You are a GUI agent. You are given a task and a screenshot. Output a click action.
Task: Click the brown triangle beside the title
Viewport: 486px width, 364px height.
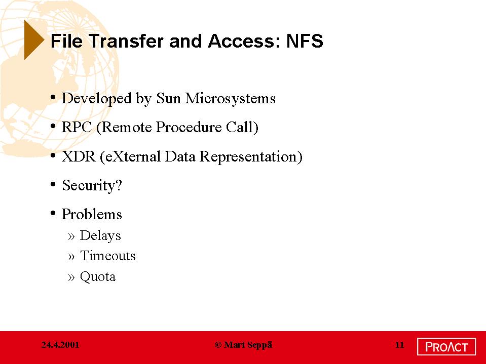32,39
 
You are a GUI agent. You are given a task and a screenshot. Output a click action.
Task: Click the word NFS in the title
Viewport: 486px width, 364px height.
305,41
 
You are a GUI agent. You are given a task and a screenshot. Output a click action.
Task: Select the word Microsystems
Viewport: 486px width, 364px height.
230,98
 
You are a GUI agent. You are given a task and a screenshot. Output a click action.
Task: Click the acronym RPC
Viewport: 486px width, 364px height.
77,127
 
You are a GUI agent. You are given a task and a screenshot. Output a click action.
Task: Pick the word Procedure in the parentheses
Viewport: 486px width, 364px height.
189,127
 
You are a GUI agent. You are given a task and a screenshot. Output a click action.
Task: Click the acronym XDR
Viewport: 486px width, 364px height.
79,156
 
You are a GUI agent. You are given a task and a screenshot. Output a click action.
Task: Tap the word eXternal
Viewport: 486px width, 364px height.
133,156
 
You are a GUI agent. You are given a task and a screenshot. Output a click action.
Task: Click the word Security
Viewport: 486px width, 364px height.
89,185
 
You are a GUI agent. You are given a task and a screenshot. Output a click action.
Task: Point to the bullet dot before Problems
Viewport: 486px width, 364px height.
53,213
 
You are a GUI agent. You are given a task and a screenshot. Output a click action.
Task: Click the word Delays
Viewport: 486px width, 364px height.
100,235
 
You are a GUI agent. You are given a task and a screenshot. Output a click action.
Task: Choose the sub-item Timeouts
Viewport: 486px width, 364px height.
108,256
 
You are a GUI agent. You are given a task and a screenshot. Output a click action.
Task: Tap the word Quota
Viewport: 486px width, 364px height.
98,276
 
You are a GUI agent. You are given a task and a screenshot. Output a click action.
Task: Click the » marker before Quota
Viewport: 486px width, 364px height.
71,277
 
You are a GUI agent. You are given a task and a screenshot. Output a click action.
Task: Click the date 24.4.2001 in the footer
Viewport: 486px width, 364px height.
60,345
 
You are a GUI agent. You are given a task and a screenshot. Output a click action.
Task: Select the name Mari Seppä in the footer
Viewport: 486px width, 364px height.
248,345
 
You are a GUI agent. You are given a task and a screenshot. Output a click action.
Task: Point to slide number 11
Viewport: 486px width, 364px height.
399,345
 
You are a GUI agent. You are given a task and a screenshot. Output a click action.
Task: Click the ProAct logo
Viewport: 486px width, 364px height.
446,347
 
